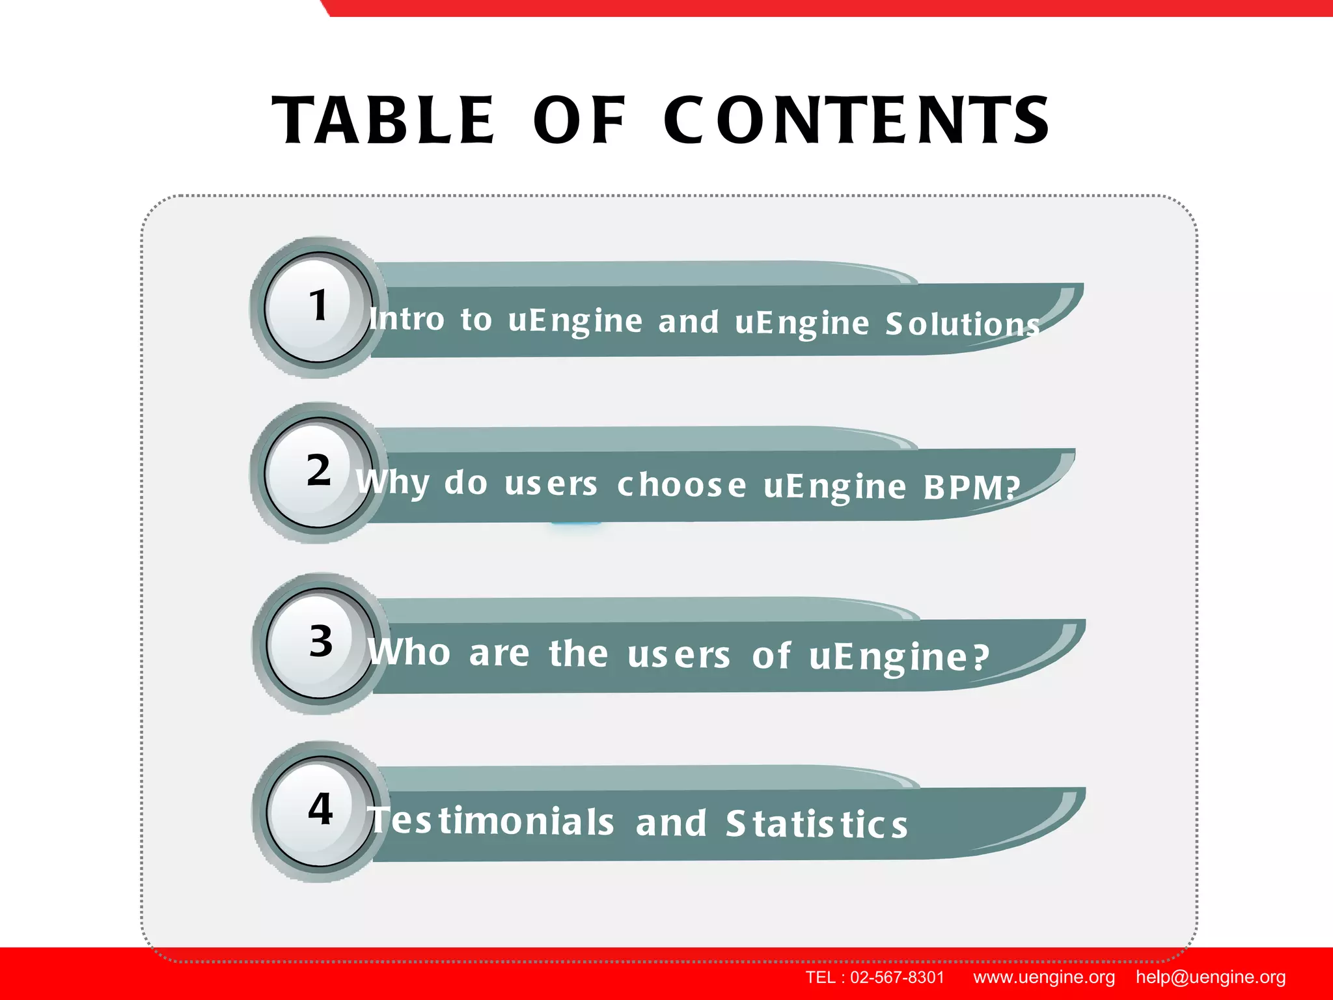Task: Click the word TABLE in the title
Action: (384, 121)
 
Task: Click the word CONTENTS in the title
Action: (856, 121)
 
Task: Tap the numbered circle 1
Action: (318, 307)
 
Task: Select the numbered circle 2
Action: (318, 472)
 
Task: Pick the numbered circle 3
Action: (320, 643)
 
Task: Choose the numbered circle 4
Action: (320, 811)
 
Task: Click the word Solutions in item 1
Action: (962, 324)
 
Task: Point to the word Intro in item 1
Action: (407, 319)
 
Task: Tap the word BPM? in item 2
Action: (971, 487)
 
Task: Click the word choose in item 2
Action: (681, 485)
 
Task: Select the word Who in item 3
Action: (409, 652)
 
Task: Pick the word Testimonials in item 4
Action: (492, 821)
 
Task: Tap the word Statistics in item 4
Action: (817, 824)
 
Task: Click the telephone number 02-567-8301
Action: (897, 977)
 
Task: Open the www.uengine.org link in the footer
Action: (1044, 977)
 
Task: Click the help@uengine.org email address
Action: (1211, 977)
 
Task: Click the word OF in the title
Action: (579, 121)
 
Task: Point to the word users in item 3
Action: (678, 655)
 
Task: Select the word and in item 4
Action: (671, 823)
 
